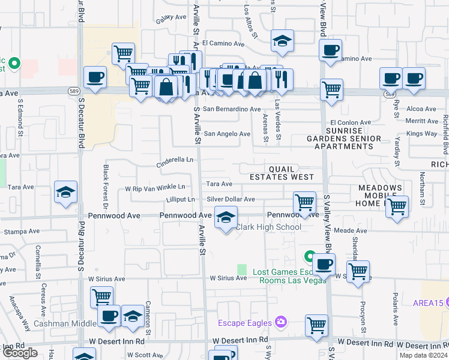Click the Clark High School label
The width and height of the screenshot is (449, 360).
pos(268,227)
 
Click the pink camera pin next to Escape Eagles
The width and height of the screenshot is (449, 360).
pos(280,323)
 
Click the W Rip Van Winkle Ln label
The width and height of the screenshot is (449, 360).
pos(155,188)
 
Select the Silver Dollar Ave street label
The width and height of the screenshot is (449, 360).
pos(231,199)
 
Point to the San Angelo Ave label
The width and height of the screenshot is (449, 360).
pos(227,134)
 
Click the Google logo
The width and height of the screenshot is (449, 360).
pos(20,353)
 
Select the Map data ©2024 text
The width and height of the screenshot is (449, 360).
pos(424,355)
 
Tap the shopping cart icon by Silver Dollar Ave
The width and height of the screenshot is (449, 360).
pos(304,202)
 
